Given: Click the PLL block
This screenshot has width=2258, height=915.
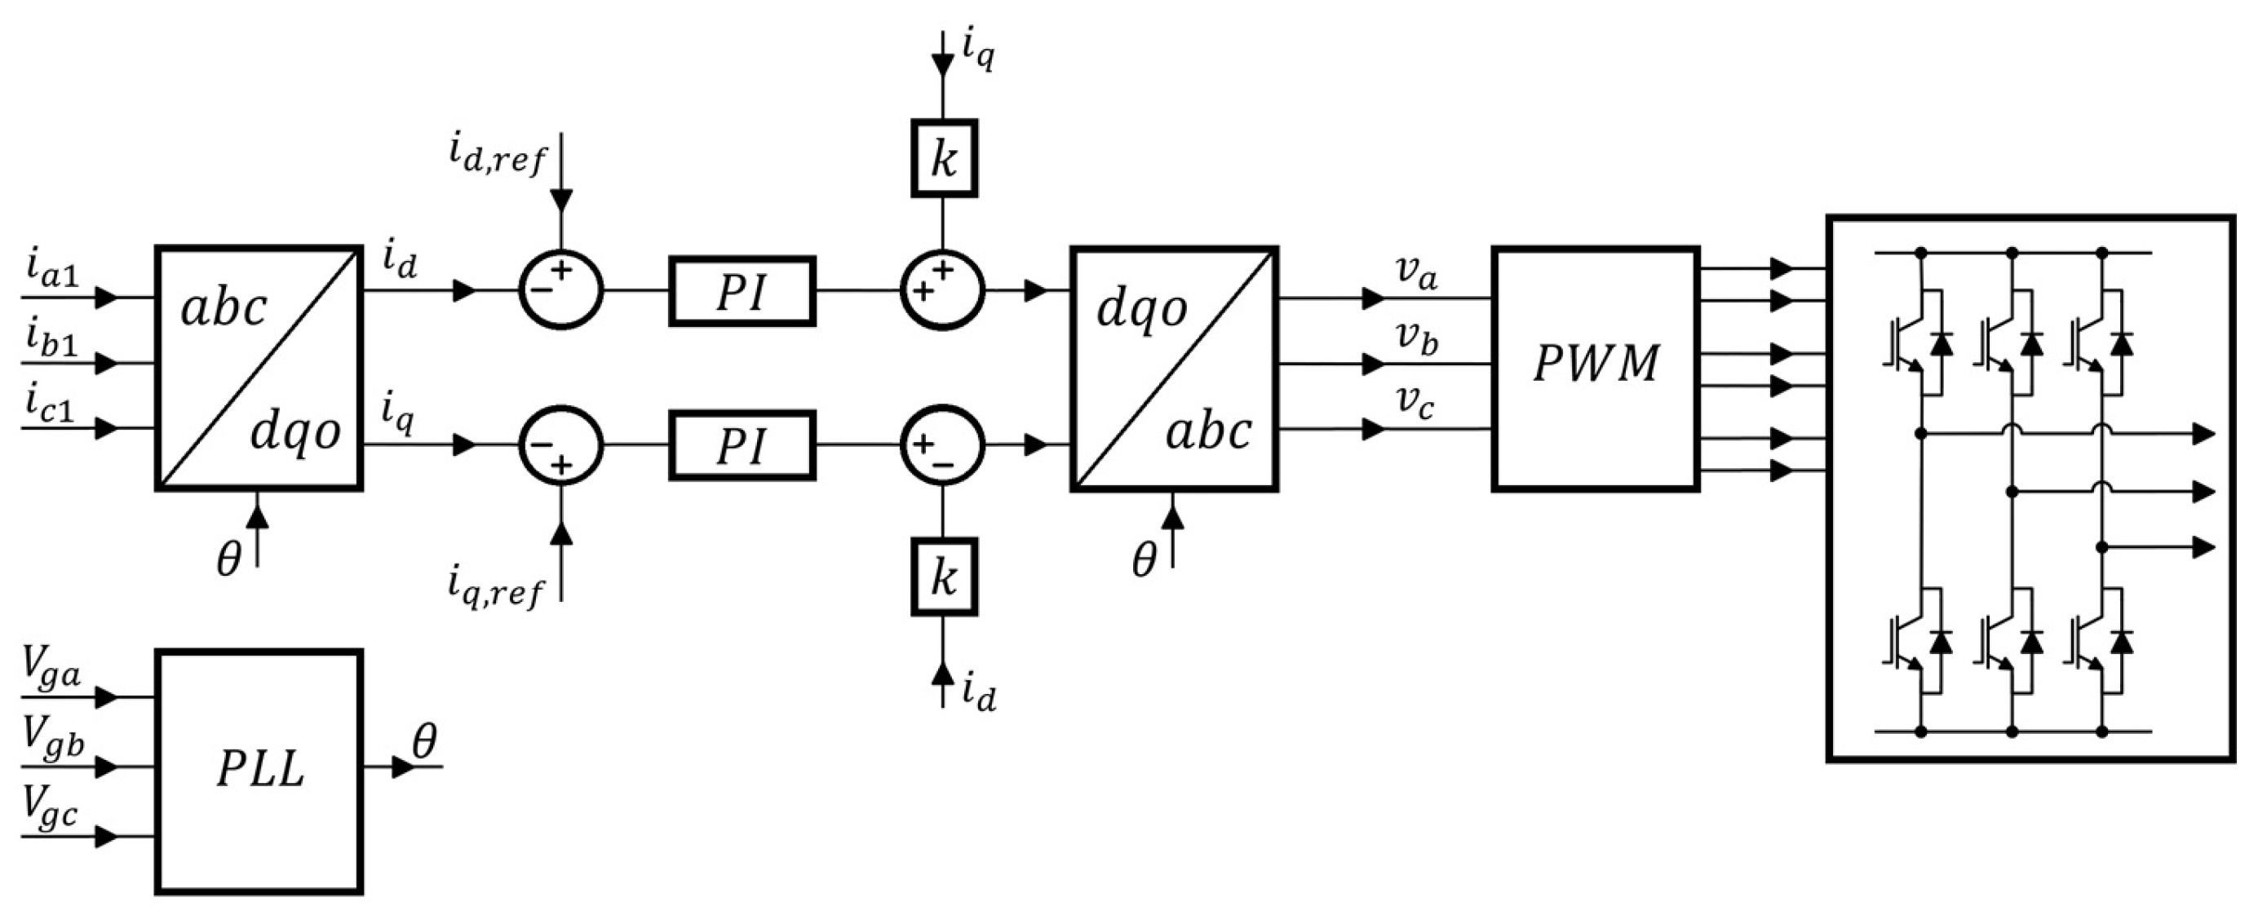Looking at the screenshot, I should [x=259, y=771].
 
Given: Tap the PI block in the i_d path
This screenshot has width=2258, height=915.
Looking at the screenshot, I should [x=742, y=292].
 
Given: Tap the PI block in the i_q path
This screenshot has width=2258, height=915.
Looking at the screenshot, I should [x=742, y=445].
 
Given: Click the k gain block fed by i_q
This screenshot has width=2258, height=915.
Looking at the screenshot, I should [x=943, y=159].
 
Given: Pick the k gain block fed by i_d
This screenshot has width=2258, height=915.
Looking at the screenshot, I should [x=943, y=577].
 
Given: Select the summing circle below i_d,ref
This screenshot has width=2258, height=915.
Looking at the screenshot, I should [x=561, y=290].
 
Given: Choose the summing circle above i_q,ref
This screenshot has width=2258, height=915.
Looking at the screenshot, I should [x=561, y=445].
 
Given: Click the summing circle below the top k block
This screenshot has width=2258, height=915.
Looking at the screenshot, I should [x=943, y=290].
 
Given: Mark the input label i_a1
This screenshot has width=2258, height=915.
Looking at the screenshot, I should [x=51, y=274].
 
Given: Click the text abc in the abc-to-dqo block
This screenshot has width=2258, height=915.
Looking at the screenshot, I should [x=224, y=309].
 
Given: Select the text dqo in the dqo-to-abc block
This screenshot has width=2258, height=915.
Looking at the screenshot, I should [x=1141, y=309].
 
